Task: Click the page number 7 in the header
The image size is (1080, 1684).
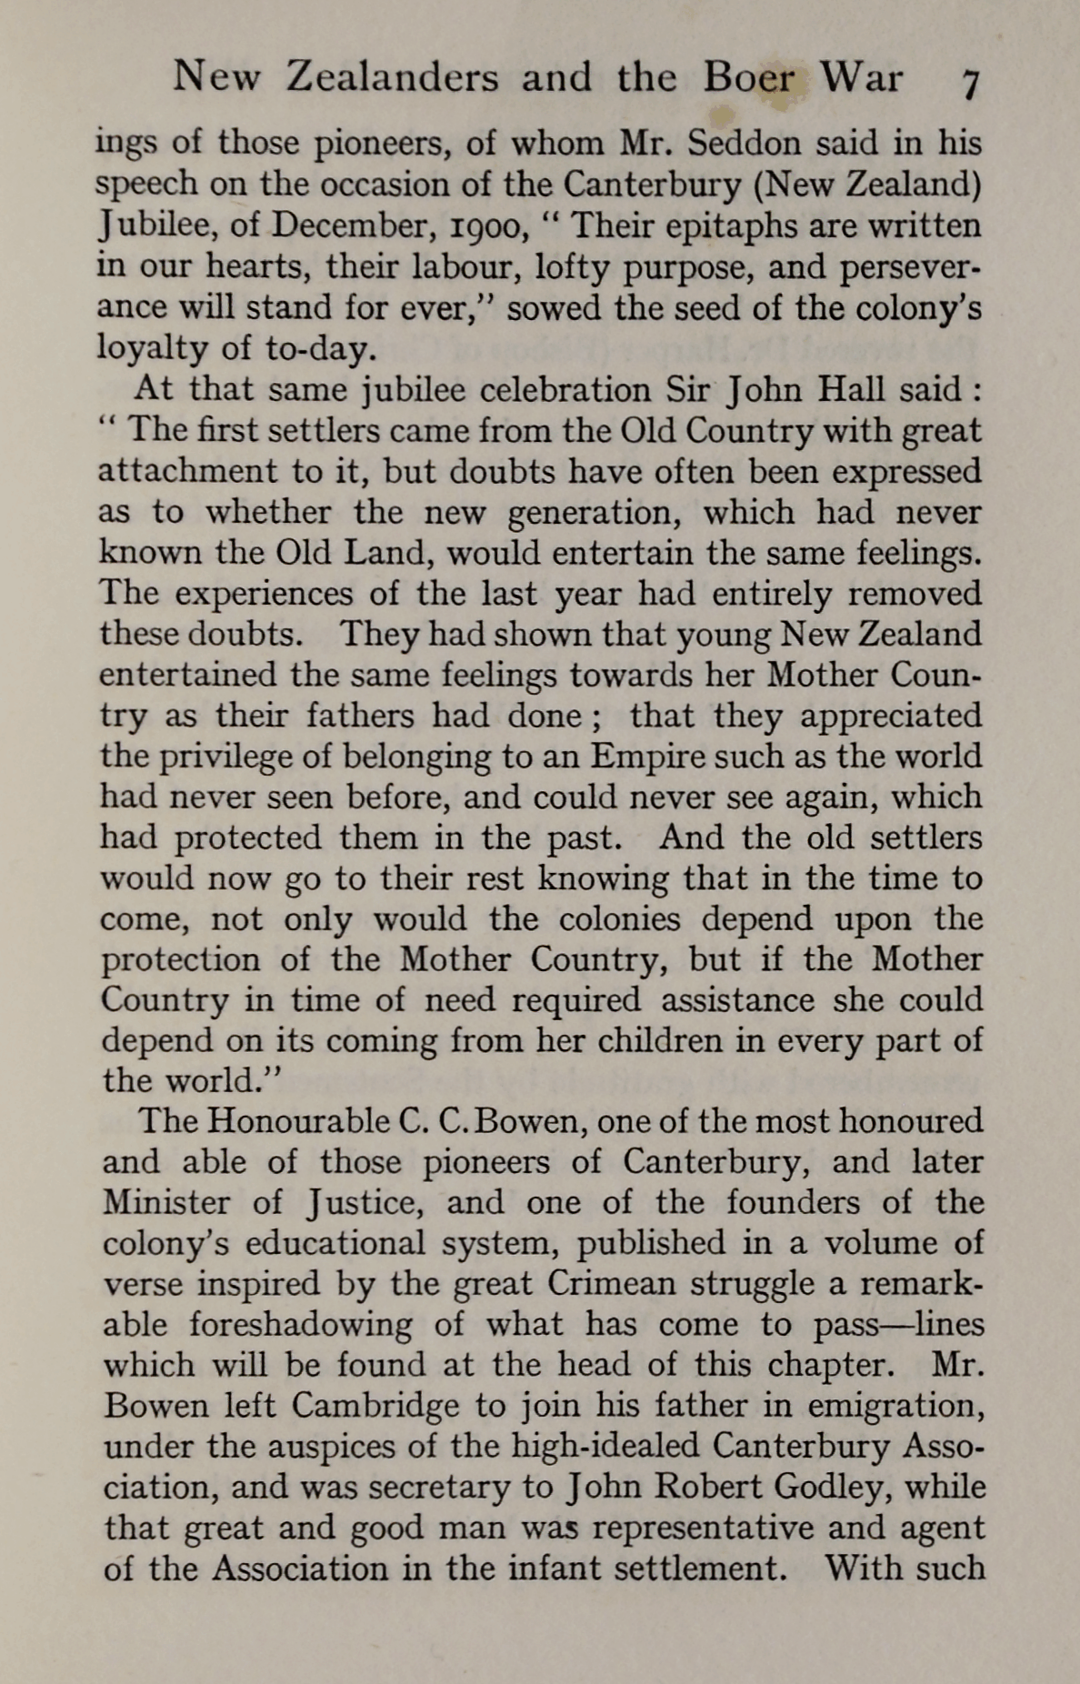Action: click(969, 85)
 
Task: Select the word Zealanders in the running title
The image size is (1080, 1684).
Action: click(393, 78)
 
